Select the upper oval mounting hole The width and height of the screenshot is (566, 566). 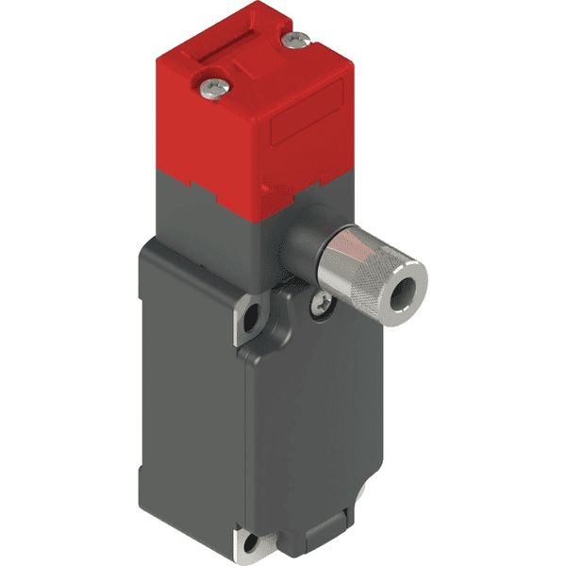pyautogui.click(x=250, y=320)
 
